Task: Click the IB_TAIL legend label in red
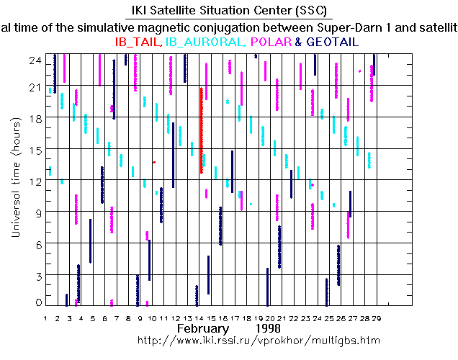[138, 42]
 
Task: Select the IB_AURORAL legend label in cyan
[207, 42]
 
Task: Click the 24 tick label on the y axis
[34, 61]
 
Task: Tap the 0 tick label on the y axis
[39, 302]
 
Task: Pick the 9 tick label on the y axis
[39, 211]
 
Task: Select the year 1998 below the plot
[278, 327]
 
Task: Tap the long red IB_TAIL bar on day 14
[201, 130]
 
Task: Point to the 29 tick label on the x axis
[376, 317]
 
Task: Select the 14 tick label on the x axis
[199, 317]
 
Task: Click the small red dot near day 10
[154, 163]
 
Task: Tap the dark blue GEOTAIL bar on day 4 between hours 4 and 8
[90, 241]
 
